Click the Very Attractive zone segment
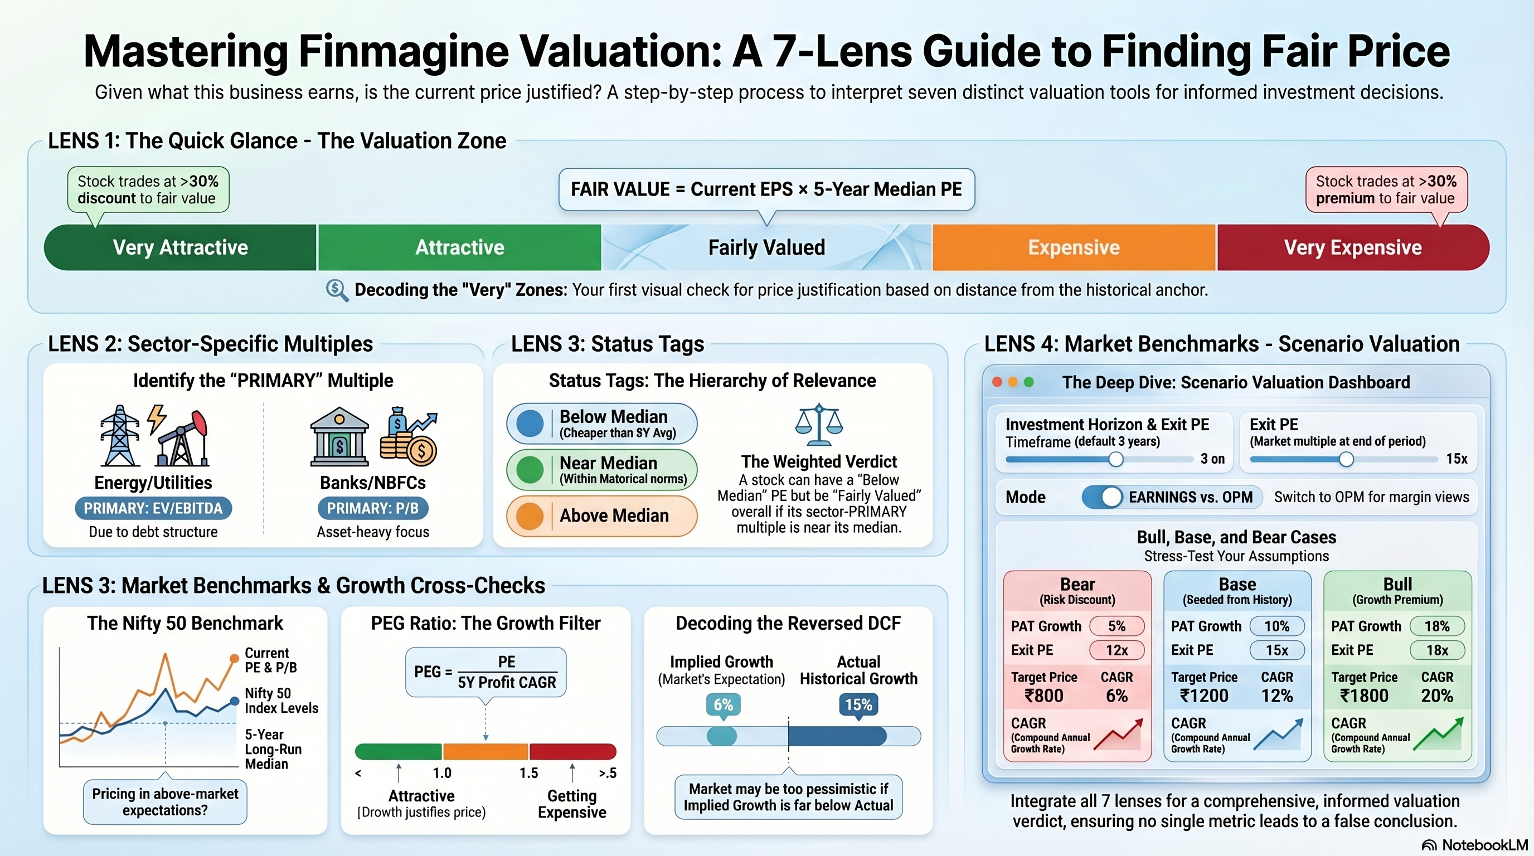[x=180, y=247]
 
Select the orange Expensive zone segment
[x=1074, y=247]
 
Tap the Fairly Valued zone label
[x=766, y=247]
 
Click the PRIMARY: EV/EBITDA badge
[x=153, y=508]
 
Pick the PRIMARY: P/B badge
[x=373, y=508]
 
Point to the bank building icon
[x=339, y=437]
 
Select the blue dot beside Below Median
[x=530, y=423]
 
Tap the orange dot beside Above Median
[x=530, y=515]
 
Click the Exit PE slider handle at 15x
[x=1346, y=459]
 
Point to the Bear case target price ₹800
[x=1044, y=695]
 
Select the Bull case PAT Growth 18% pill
[x=1437, y=626]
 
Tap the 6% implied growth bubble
[x=723, y=705]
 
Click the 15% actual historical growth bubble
[x=858, y=705]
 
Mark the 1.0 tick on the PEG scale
[x=442, y=772]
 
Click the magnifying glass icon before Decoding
[x=337, y=290]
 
